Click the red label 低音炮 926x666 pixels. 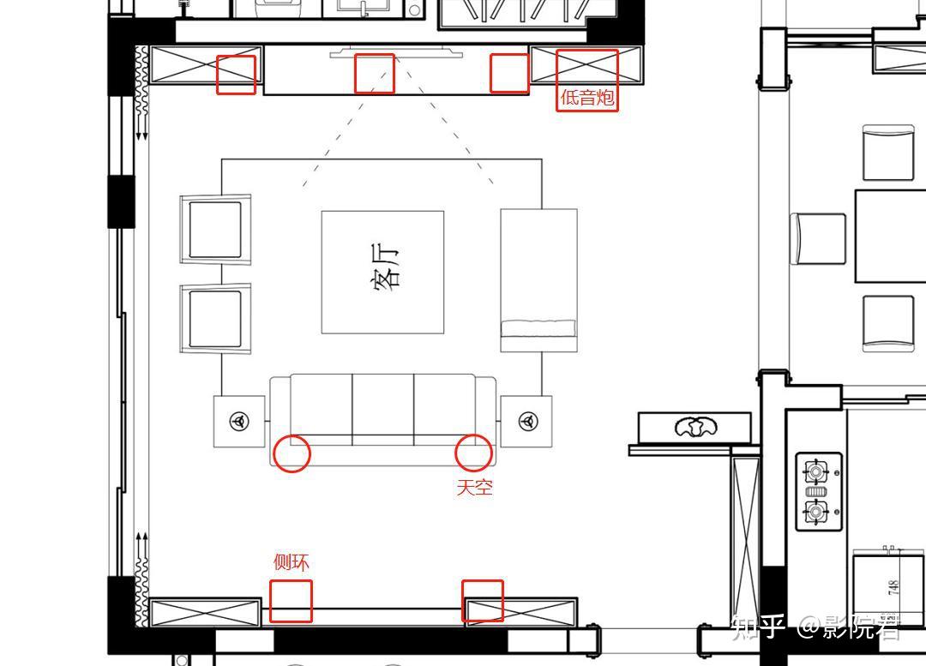(587, 97)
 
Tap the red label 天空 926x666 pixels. (474, 487)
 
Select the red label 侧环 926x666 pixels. (291, 561)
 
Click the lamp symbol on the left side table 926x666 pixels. (239, 421)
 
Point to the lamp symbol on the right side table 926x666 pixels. (527, 421)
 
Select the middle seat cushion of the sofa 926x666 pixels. (382, 409)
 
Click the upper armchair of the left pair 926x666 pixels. (215, 229)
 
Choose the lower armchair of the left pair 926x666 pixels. (215, 319)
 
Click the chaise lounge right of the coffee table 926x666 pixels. (538, 280)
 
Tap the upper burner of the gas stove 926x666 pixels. (816, 471)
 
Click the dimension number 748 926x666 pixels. (893, 587)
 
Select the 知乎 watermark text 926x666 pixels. (758, 627)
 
